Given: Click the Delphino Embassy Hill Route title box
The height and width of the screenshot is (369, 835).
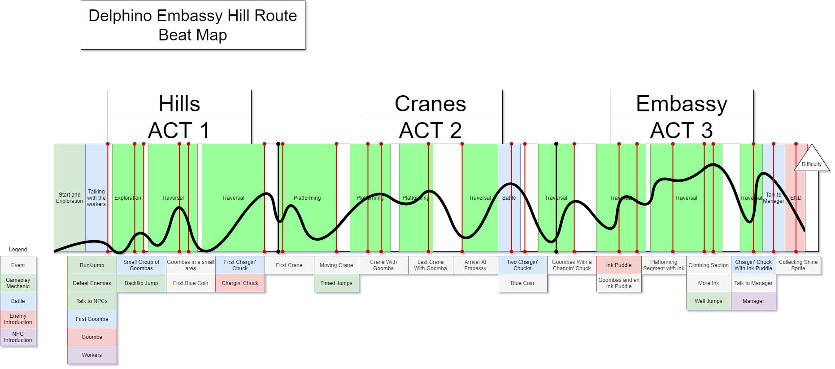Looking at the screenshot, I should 193,25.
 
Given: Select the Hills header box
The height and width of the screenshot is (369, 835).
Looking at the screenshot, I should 179,104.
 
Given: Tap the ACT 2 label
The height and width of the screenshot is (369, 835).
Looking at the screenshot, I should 431,131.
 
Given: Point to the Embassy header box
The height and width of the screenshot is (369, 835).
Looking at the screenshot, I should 682,104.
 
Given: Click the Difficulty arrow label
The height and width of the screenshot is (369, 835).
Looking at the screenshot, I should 811,164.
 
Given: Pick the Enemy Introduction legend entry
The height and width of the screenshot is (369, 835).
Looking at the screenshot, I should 18,319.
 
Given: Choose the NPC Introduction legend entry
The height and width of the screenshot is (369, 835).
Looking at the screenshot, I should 18,337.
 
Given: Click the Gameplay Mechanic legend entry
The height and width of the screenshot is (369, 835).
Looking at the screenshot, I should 18,283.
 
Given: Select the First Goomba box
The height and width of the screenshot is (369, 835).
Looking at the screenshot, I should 92,319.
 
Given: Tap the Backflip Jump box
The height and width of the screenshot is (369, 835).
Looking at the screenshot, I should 141,283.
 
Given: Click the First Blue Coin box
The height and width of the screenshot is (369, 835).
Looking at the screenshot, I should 191,283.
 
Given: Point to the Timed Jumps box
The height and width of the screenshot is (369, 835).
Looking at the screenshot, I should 336,283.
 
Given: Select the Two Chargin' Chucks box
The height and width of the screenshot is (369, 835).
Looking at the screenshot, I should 522,265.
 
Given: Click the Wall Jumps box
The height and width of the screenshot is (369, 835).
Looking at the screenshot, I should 709,301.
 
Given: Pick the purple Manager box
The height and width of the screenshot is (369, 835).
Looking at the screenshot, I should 753,301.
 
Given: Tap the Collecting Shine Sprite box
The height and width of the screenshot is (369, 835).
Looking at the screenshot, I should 798,265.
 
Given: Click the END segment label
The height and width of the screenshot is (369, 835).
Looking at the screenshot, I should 796,198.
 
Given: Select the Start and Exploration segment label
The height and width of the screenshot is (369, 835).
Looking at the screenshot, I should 70,198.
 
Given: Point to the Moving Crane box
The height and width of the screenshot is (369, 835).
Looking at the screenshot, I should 336,265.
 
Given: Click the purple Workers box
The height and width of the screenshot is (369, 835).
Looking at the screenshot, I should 92,355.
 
